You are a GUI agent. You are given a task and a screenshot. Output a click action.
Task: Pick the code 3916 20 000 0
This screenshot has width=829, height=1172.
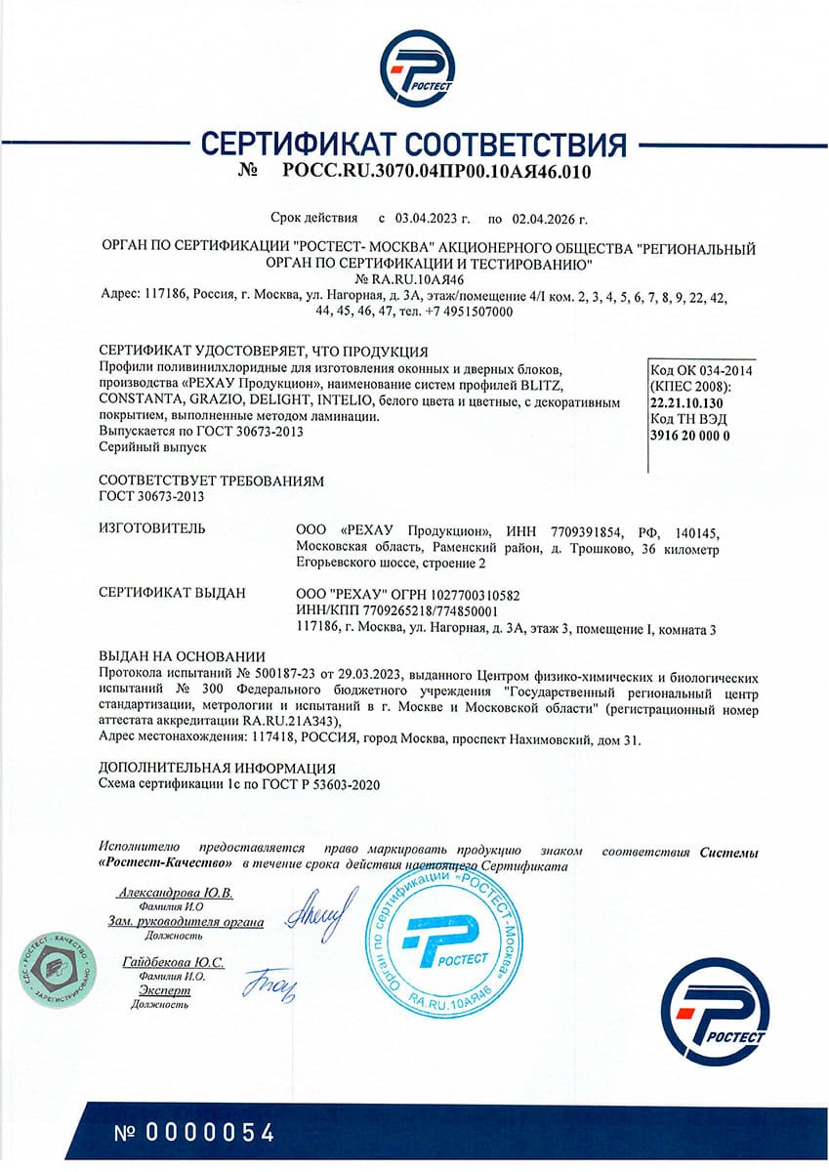coord(690,435)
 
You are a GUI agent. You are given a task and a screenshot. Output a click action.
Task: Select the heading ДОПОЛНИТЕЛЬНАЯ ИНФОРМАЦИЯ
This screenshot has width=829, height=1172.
coord(218,769)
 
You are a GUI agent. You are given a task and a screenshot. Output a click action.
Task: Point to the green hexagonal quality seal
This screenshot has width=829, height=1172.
coord(57,973)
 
